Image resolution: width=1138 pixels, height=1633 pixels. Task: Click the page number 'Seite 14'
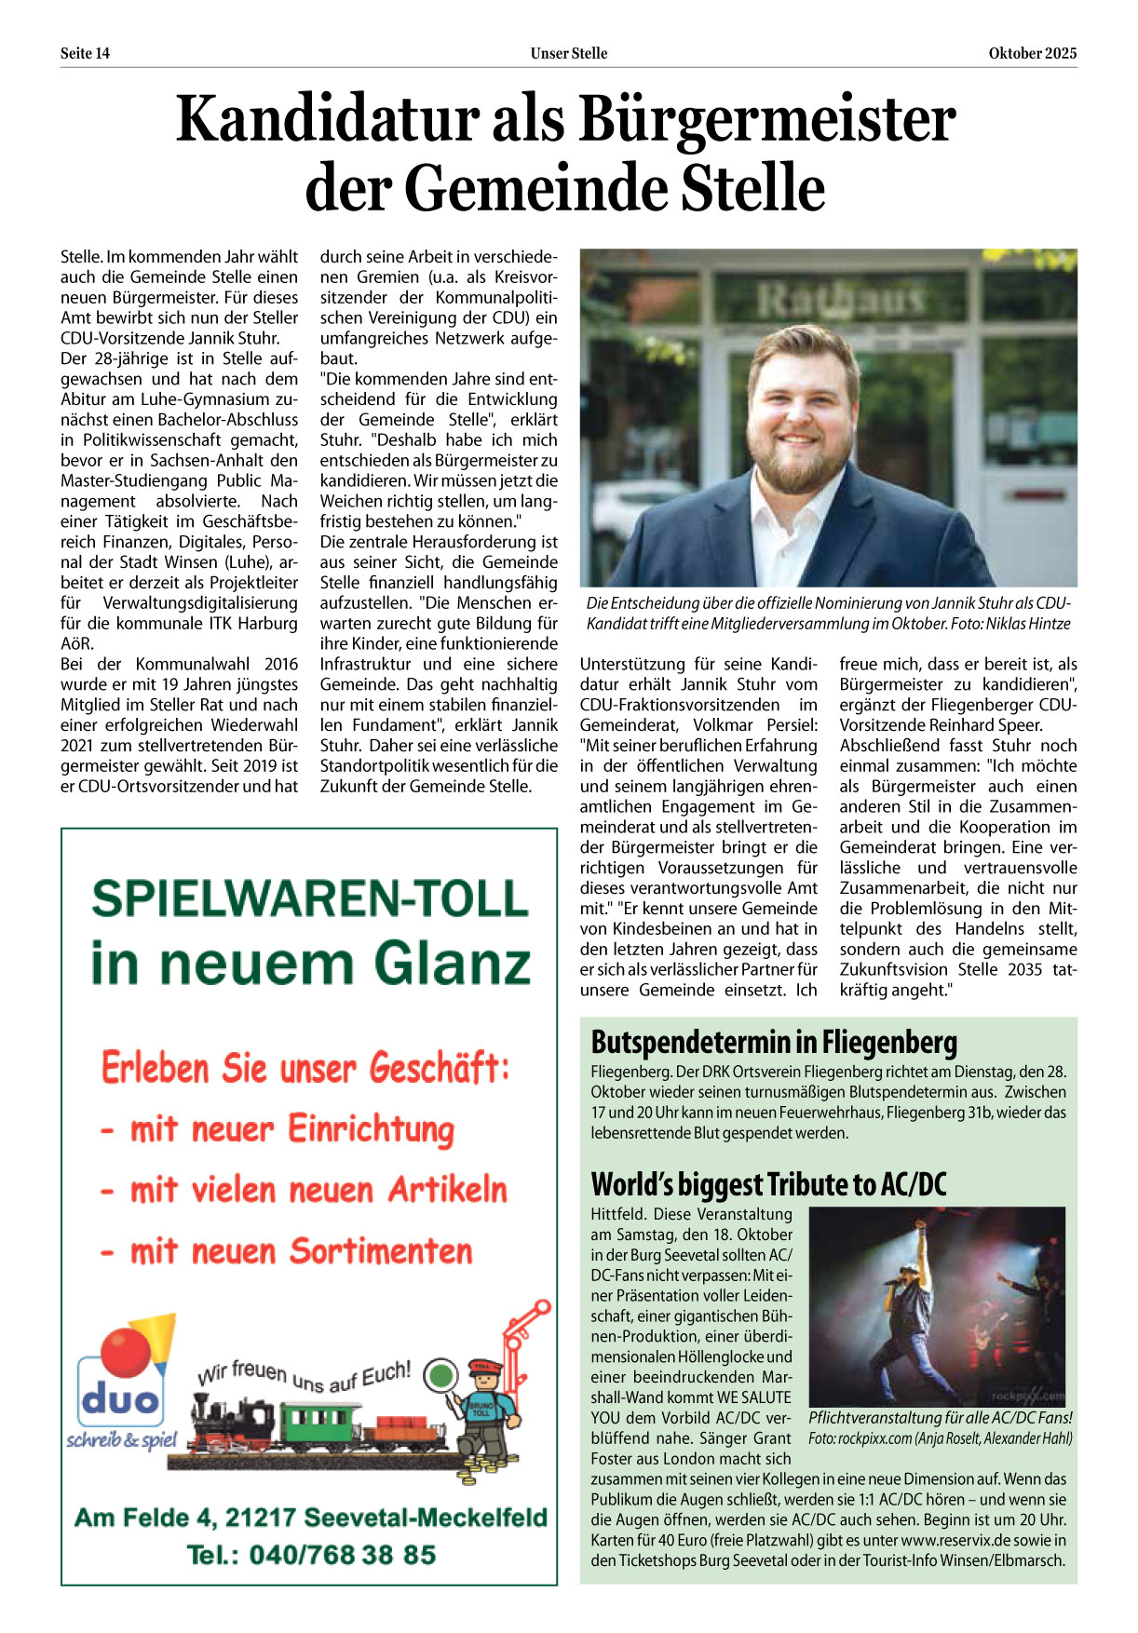[x=85, y=53]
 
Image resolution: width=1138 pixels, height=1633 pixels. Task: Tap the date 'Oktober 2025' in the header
[x=1032, y=53]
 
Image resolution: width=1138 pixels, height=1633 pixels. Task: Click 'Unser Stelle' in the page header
[x=568, y=53]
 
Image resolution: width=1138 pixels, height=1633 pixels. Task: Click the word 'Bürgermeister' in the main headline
[x=766, y=121]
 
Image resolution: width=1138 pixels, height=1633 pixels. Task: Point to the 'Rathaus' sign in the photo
[x=841, y=300]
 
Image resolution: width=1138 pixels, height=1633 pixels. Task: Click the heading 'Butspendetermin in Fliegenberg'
[x=774, y=1042]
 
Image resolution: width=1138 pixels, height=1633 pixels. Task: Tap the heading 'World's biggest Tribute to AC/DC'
[x=768, y=1184]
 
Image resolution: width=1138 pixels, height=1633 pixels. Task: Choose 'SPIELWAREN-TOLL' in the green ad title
[x=309, y=899]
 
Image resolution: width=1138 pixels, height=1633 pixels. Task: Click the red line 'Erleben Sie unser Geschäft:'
[x=305, y=1068]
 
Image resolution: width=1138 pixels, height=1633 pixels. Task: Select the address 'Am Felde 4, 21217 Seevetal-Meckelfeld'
[x=310, y=1518]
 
